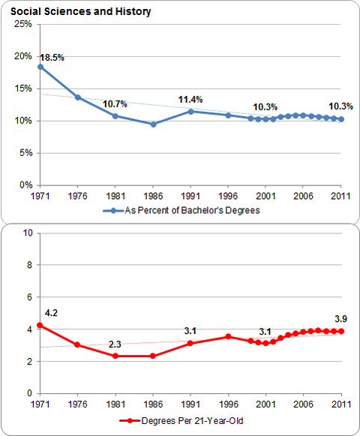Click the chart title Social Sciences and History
(x=80, y=12)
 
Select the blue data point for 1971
(x=40, y=67)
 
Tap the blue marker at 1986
(x=153, y=125)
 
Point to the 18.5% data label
(x=52, y=58)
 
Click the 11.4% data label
(x=190, y=100)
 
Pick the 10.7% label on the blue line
(x=115, y=104)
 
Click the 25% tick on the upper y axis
(x=23, y=24)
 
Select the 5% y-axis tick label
(x=25, y=152)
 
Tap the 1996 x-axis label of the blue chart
(x=228, y=197)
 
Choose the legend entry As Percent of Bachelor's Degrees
(x=181, y=210)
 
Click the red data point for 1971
(x=40, y=325)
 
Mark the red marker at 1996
(x=228, y=337)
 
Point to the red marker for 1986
(x=152, y=356)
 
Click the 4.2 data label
(x=51, y=313)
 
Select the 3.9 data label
(x=340, y=319)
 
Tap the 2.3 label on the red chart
(x=115, y=344)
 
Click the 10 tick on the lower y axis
(x=28, y=233)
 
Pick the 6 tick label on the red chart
(x=29, y=297)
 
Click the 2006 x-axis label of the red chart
(x=303, y=404)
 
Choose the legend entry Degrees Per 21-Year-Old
(x=181, y=421)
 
